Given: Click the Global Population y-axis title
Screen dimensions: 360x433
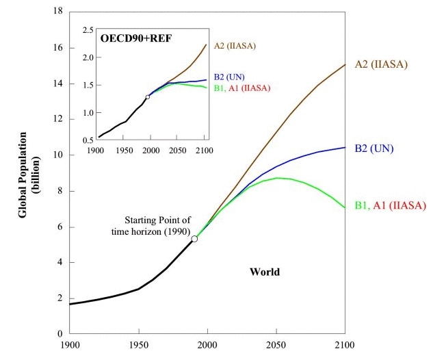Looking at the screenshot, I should click(27, 172).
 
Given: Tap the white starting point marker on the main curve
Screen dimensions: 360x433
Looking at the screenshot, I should click(195, 239).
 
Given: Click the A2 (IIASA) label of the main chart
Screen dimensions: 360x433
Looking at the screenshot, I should click(382, 64).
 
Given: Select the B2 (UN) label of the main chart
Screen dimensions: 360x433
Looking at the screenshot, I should click(374, 148).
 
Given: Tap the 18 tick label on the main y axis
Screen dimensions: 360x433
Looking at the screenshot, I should click(58, 12).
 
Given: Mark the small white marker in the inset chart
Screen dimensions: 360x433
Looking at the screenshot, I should click(148, 97).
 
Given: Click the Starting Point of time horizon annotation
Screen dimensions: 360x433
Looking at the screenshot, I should click(157, 225).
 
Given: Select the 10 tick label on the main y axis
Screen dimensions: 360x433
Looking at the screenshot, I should click(58, 155).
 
